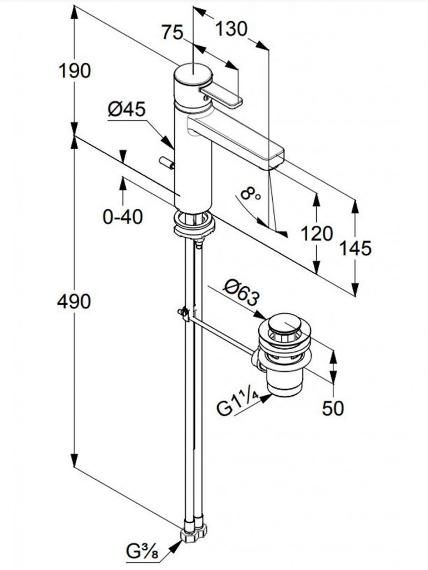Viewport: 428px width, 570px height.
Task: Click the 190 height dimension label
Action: (75, 71)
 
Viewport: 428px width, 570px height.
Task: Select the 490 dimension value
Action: (75, 301)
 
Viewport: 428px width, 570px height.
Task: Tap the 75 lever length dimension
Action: (172, 33)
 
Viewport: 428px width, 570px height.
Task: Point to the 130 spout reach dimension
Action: (231, 28)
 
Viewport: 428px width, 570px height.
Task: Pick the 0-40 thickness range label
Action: (123, 216)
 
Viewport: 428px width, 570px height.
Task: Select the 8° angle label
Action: (251, 195)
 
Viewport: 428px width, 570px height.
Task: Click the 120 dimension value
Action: (317, 234)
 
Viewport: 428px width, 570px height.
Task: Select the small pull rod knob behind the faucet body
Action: (166, 162)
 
